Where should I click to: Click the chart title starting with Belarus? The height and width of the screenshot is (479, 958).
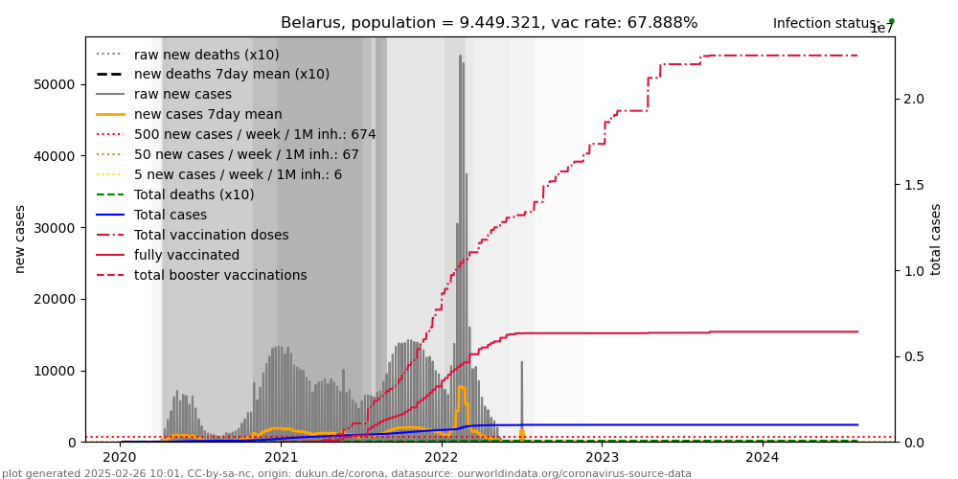point(489,23)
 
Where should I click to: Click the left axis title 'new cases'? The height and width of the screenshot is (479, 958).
point(20,239)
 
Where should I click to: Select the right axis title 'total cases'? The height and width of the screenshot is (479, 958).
point(936,239)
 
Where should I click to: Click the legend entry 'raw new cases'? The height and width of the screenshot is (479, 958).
point(183,95)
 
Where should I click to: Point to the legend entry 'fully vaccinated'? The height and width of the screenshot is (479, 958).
point(187,256)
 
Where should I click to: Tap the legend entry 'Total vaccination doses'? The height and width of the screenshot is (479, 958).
point(211,236)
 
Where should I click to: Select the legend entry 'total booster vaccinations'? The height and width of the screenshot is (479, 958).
point(220,276)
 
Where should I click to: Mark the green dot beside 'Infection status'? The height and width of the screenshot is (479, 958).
point(891,21)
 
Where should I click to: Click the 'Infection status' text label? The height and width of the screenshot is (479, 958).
point(826,24)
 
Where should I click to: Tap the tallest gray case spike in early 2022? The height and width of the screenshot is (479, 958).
point(460,57)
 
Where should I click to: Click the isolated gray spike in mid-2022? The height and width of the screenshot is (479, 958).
point(521,365)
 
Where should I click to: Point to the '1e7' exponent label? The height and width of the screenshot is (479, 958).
point(881,29)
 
